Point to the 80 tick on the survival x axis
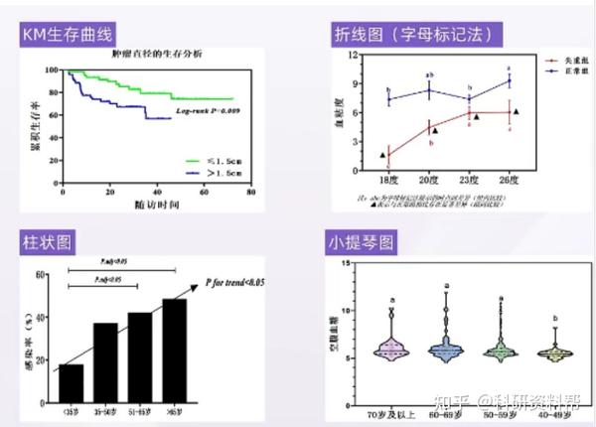pyautogui.click(x=250, y=192)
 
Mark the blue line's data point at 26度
pyautogui.click(x=510, y=80)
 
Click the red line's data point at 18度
pyautogui.click(x=389, y=154)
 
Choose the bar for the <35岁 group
pyautogui.click(x=71, y=382)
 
